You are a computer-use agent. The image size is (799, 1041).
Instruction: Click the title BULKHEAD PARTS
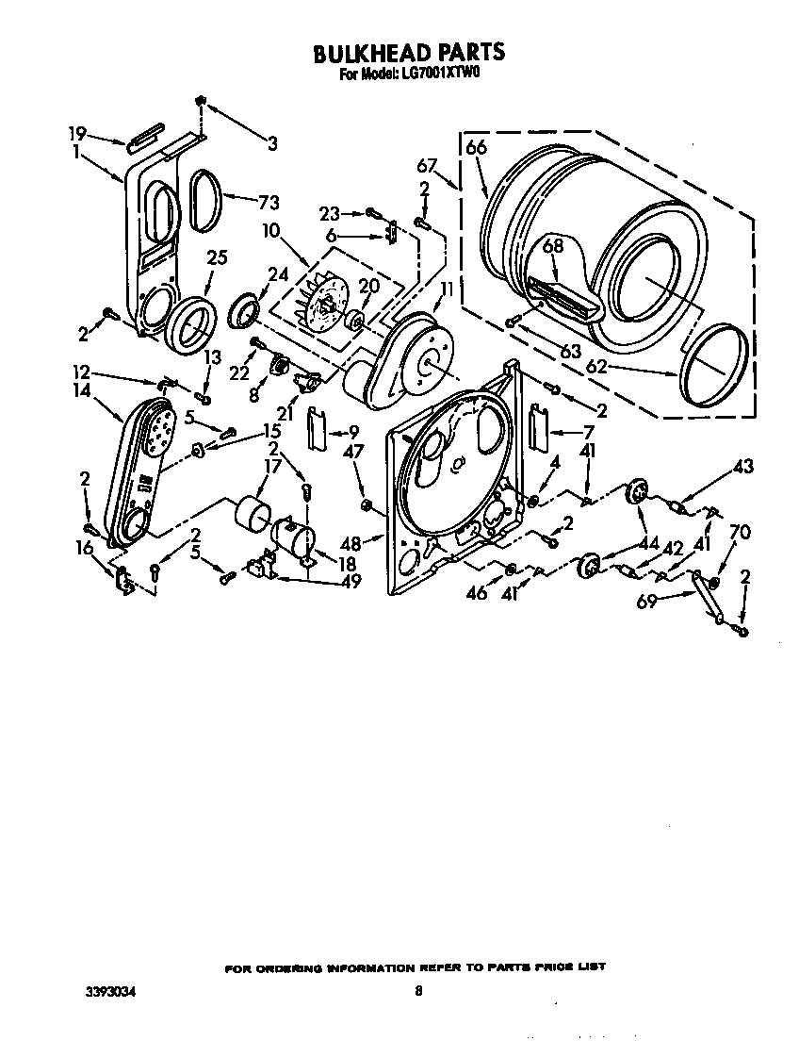point(408,53)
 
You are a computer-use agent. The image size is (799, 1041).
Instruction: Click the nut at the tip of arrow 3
point(200,100)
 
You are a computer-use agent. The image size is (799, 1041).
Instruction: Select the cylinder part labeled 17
point(252,516)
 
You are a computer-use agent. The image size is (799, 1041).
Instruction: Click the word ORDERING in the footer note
point(285,968)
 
